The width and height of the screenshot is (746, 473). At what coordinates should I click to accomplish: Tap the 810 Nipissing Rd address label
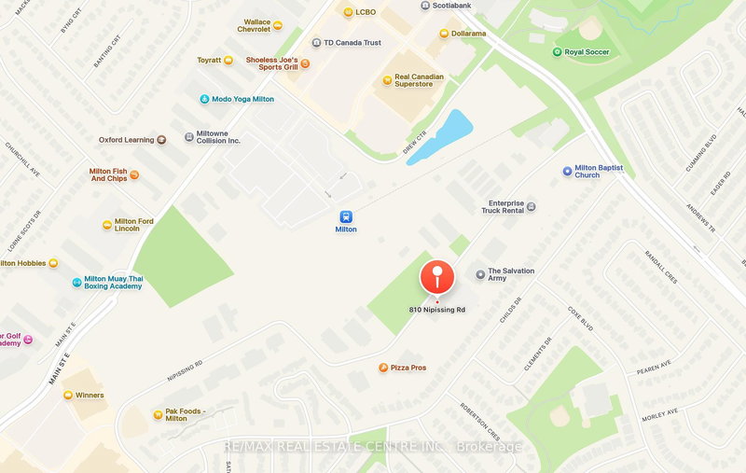(436, 310)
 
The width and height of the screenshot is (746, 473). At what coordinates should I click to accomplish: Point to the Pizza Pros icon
(382, 368)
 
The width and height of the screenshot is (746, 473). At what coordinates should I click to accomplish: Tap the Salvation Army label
(511, 274)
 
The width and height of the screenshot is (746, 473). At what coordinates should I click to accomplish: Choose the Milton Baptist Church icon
(566, 171)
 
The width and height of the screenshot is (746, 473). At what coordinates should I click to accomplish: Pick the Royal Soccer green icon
(557, 52)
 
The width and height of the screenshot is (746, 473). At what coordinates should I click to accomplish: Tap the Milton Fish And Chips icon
(134, 174)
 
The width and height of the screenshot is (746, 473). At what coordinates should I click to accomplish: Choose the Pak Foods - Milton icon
(157, 414)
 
